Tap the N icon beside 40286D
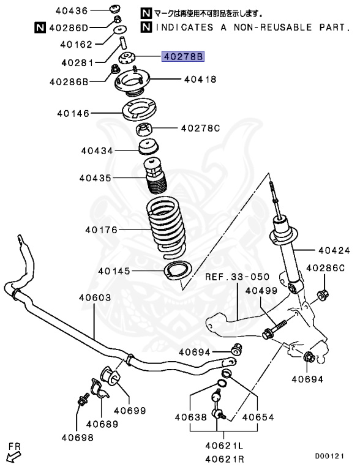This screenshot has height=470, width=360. (39, 28)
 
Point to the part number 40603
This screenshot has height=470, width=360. (94, 298)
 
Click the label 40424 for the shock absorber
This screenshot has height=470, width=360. (334, 250)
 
